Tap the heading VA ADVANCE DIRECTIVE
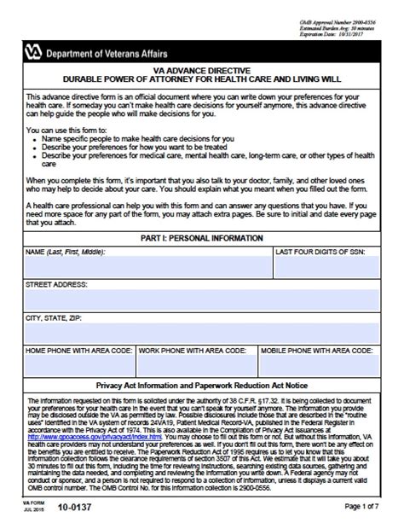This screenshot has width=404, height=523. point(202,72)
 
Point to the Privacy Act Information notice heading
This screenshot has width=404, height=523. point(202,386)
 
